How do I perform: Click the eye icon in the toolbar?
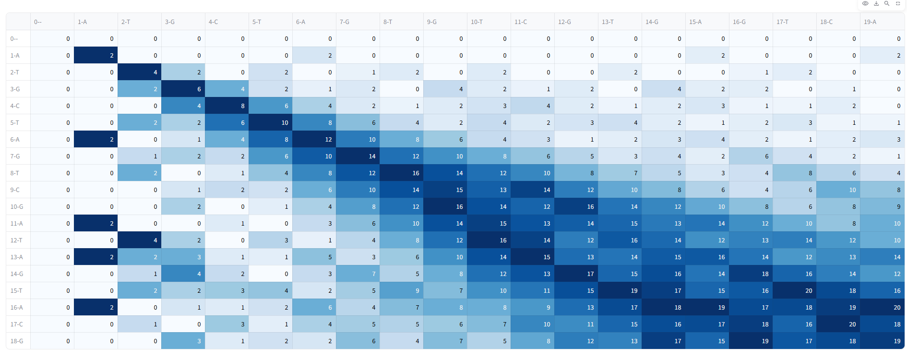tap(865, 3)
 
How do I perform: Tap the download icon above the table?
tap(876, 3)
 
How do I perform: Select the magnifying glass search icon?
tap(887, 3)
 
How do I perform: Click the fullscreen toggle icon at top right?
tap(898, 3)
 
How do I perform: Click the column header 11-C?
tap(521, 22)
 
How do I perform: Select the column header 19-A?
tap(870, 22)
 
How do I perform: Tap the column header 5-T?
tap(257, 22)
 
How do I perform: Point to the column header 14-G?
tap(652, 22)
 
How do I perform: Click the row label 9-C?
tap(15, 190)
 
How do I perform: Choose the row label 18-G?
tap(17, 341)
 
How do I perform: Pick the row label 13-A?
tap(17, 257)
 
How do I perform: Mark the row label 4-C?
tap(15, 106)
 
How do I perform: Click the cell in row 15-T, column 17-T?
tap(795, 291)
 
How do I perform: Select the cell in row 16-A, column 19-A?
tap(883, 308)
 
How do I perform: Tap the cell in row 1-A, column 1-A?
tap(96, 56)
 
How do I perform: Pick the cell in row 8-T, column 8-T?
tap(402, 173)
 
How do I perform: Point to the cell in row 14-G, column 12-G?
tap(576, 274)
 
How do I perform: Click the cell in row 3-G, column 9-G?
tap(445, 89)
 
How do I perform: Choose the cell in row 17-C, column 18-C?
tap(838, 324)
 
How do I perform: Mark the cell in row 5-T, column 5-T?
tap(271, 123)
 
